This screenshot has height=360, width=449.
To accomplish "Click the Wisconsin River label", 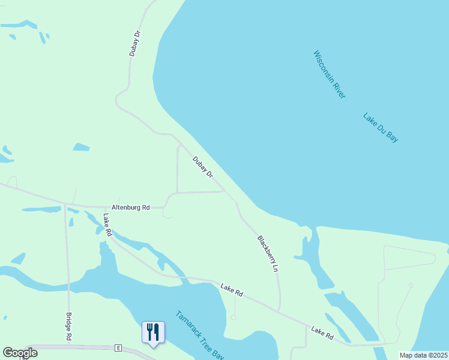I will [329, 74].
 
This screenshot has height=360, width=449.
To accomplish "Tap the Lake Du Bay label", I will [381, 127].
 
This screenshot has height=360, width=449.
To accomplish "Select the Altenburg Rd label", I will [130, 207].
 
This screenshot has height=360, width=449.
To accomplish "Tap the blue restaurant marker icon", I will [152, 332].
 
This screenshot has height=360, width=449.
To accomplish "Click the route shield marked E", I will [118, 348].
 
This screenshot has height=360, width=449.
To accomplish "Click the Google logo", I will [20, 353].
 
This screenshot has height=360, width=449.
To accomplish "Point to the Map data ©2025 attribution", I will [423, 355].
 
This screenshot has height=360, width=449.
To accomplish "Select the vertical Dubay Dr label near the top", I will [135, 44].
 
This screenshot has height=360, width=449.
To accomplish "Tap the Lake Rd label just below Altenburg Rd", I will [107, 224].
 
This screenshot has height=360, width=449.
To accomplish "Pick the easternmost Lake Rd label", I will [322, 334].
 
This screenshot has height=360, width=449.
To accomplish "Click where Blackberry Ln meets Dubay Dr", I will [226, 191].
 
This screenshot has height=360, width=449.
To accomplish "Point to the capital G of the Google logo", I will [7, 353].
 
